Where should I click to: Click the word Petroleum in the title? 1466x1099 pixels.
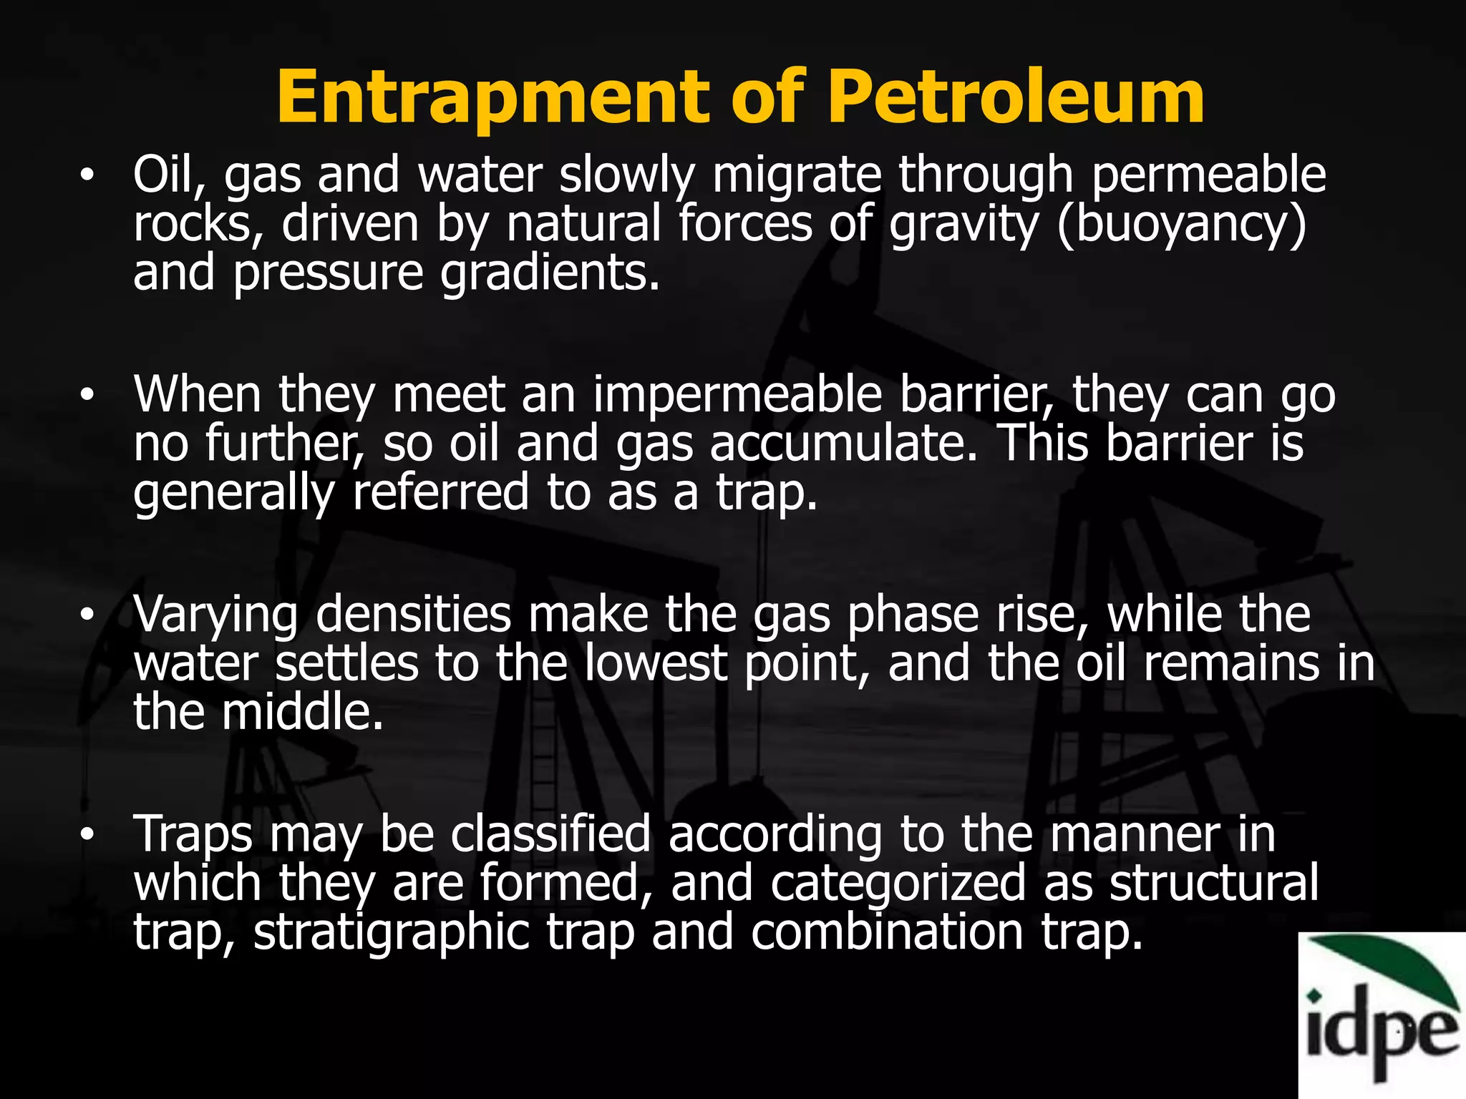[1016, 97]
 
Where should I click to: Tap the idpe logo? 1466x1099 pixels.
[1382, 1016]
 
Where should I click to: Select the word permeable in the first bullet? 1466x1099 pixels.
[1209, 175]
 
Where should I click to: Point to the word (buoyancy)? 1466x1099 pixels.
[1181, 225]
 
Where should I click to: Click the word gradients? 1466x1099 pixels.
[549, 273]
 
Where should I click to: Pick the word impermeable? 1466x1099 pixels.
[737, 396]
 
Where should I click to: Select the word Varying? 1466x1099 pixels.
[215, 616]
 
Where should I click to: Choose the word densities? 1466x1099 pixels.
[413, 615]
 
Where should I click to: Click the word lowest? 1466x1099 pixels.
[656, 664]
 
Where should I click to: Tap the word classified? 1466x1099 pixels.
[550, 834]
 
